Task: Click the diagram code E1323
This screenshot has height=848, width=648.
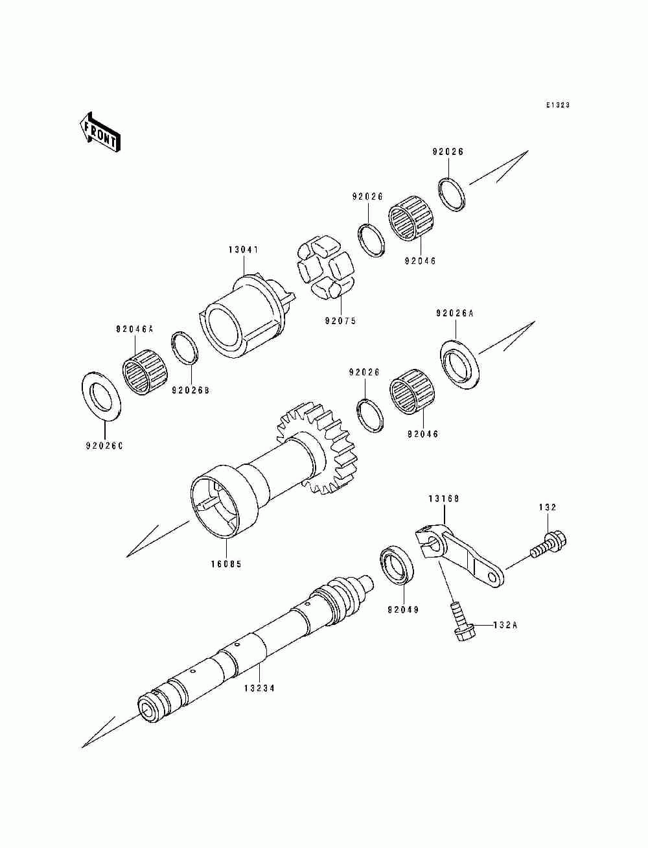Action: pyautogui.click(x=557, y=105)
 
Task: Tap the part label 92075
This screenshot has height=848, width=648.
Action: pyautogui.click(x=341, y=321)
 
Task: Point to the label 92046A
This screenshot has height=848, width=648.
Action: pyautogui.click(x=135, y=329)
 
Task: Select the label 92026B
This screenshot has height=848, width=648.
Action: pyautogui.click(x=191, y=390)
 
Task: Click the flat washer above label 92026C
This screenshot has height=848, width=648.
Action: pyautogui.click(x=102, y=395)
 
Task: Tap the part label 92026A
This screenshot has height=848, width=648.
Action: pyautogui.click(x=454, y=313)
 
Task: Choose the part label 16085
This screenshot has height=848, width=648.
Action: pyautogui.click(x=226, y=564)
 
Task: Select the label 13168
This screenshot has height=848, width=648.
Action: pyautogui.click(x=443, y=499)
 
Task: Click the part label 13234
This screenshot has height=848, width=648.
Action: pyautogui.click(x=259, y=688)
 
